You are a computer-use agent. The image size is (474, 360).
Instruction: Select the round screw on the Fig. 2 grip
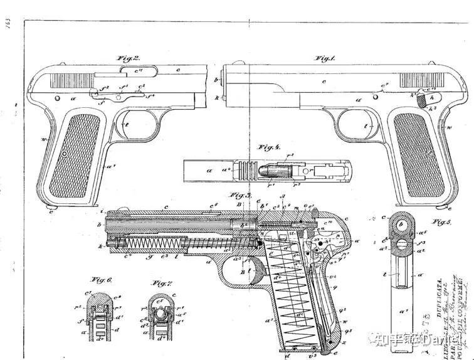pos(64,153)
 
